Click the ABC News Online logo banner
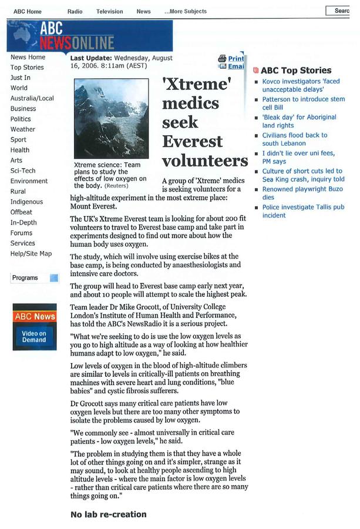click(89, 35)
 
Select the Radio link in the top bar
click(75, 11)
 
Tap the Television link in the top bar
click(110, 11)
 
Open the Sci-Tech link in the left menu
click(23, 170)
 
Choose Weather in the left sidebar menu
click(23, 129)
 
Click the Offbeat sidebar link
click(22, 212)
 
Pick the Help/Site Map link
click(31, 253)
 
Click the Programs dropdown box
click(35, 278)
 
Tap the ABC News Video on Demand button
click(35, 327)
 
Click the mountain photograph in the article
click(110, 119)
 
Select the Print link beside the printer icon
click(235, 58)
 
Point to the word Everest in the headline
click(192, 142)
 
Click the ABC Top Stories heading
click(296, 71)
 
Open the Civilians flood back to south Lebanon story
click(295, 139)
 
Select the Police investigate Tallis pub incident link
click(303, 211)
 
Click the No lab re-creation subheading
click(108, 514)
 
